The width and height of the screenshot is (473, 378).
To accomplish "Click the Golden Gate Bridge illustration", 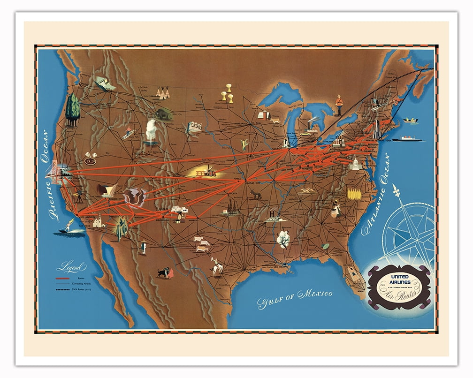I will (55, 170).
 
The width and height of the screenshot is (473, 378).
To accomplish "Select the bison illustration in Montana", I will (164, 113).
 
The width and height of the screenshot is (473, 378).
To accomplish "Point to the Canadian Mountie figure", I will (339, 105).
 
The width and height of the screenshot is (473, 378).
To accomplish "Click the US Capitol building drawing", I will (355, 164).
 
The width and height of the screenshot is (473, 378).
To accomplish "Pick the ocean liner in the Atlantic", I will (408, 139).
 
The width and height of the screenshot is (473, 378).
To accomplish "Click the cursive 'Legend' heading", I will (71, 267).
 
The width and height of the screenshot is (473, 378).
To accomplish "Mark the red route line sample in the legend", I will (62, 278).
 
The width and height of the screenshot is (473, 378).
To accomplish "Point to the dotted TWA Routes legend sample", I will (62, 290).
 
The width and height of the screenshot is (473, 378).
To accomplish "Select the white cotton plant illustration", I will (283, 238).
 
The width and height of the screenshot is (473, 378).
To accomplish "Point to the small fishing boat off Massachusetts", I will (411, 121).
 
